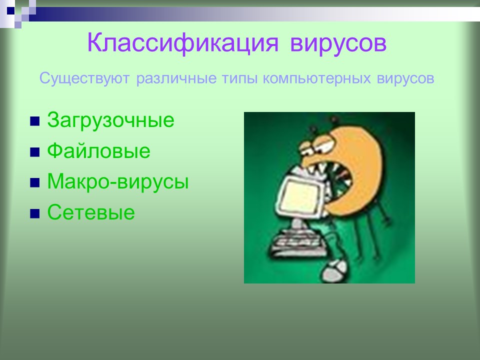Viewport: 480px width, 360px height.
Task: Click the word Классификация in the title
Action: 183,43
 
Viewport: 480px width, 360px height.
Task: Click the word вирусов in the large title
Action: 338,43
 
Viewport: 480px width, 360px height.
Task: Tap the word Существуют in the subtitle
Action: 84,78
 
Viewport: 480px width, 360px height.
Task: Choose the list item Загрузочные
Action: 110,120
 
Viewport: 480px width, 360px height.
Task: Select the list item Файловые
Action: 98,151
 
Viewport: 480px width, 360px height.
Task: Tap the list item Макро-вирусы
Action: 118,182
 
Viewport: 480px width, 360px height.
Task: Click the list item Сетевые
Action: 91,213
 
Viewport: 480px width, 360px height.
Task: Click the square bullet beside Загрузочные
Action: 35,121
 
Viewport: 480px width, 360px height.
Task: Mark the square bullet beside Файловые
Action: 35,152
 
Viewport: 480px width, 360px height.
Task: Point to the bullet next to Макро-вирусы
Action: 35,183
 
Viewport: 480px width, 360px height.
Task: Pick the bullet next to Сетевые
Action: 35,214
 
